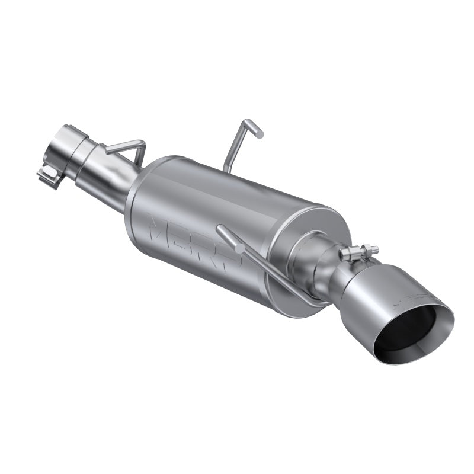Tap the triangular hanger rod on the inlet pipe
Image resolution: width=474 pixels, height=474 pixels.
click(x=130, y=148)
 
